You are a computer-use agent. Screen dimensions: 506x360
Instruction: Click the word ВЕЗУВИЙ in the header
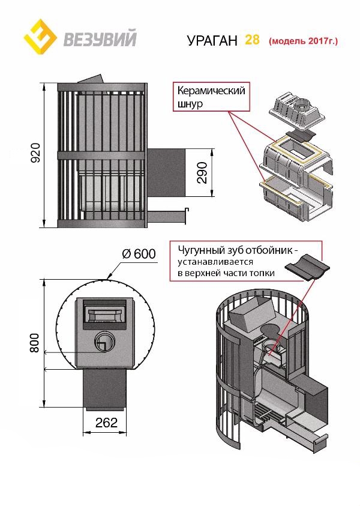click(x=100, y=40)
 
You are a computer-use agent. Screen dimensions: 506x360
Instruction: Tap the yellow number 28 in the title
click(x=252, y=40)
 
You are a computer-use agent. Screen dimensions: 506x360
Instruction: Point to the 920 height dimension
click(x=35, y=154)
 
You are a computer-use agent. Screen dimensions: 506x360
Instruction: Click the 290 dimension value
click(x=202, y=173)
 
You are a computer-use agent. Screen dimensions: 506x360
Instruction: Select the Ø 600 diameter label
click(x=139, y=254)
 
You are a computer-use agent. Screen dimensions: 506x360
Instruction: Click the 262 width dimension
click(x=106, y=423)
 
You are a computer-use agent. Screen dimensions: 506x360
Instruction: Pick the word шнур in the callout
click(x=190, y=104)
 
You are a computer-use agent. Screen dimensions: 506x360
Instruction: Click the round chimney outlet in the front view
click(x=103, y=343)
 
